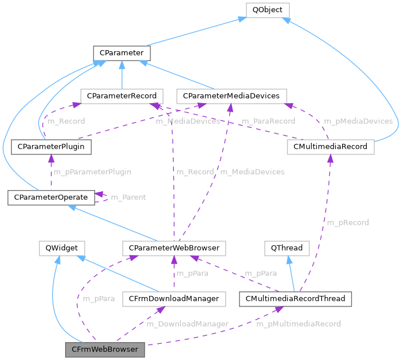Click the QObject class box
point(267,10)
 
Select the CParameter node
point(122,53)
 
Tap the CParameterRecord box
point(122,96)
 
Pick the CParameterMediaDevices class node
point(231,96)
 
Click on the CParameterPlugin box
point(51,147)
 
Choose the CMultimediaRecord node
point(331,147)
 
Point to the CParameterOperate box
point(51,198)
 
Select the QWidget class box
point(62,248)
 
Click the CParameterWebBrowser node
point(173,248)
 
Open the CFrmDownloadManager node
point(173,299)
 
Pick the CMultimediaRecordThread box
point(295,299)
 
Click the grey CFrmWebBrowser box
point(105,350)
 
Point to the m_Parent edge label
point(128,198)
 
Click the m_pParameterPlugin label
point(92,172)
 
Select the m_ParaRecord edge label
point(268,121)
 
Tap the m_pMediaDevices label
point(358,121)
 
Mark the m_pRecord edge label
point(347,222)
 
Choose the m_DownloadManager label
point(187,324)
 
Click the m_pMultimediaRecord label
point(298,324)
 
